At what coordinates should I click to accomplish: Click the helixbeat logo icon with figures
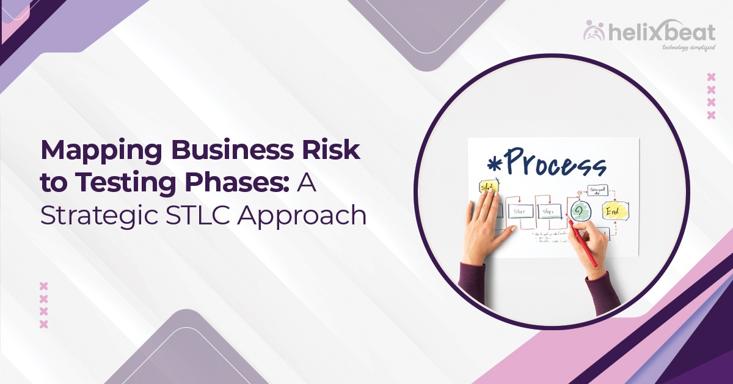point(594,30)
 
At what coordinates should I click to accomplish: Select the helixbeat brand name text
point(660,32)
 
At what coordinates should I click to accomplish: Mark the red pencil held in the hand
point(583,245)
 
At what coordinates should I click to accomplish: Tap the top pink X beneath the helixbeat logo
point(710,77)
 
